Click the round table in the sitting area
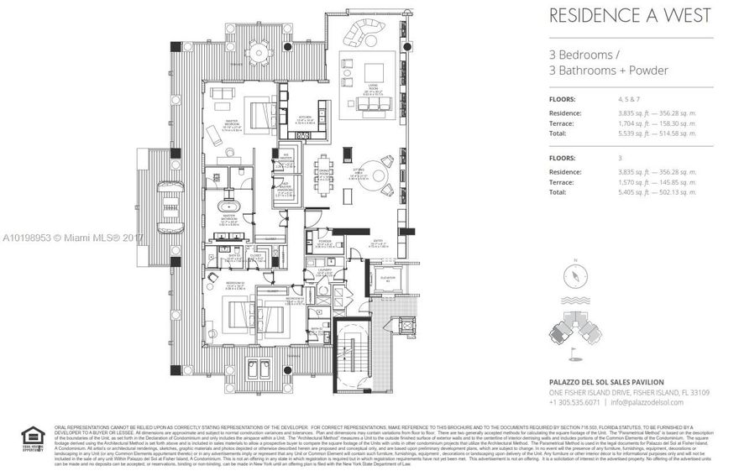[x=377, y=177]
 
